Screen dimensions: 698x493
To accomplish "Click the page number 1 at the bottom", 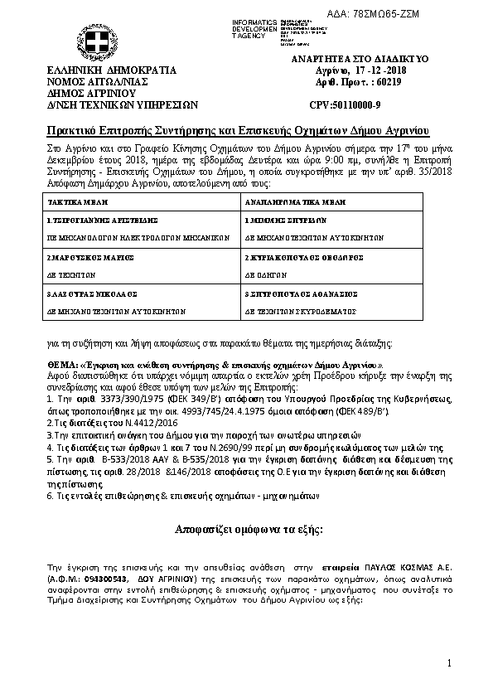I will pos(447,663).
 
